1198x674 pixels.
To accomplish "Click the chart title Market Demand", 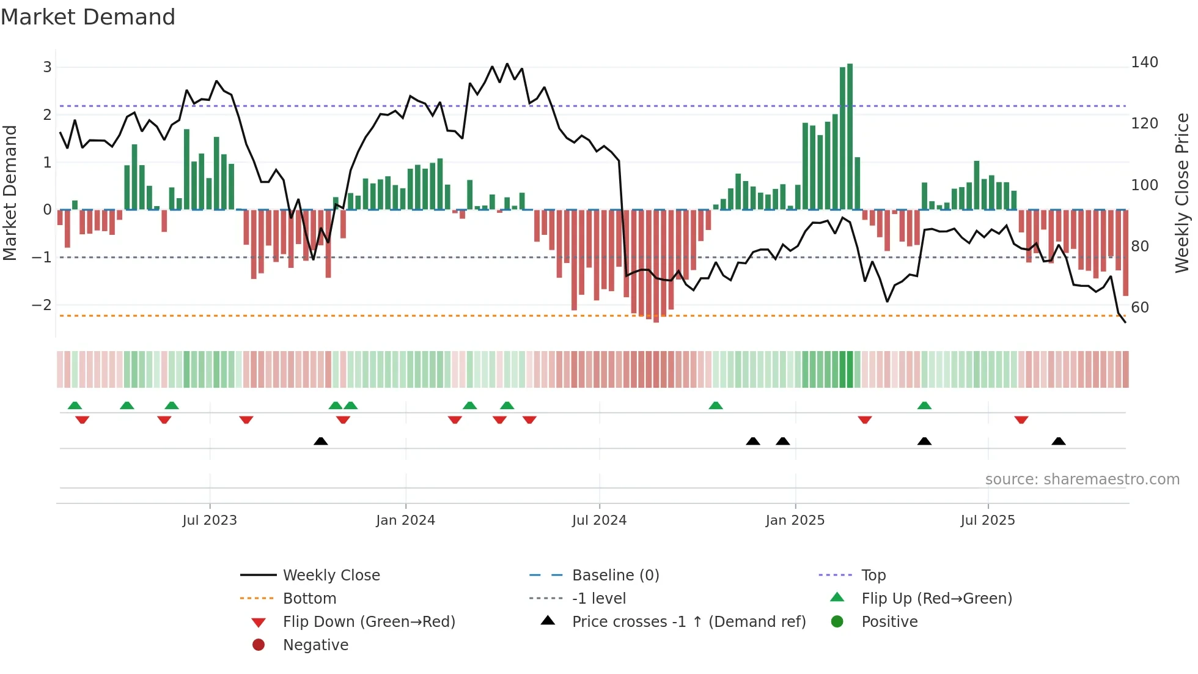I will tap(88, 17).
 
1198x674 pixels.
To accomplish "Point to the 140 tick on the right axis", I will tap(1144, 62).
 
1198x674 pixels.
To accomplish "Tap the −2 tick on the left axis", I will tap(42, 305).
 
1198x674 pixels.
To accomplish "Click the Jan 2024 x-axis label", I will tap(405, 520).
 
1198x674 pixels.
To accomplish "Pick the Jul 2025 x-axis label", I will tap(987, 520).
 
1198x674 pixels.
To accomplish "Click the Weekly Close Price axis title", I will tap(1182, 193).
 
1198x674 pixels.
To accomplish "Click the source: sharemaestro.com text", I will tap(1082, 480).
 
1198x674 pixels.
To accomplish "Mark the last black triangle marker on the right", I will tap(1059, 441).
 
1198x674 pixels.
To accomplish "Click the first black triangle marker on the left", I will tap(320, 441).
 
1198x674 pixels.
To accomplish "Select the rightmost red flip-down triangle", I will tap(1021, 420).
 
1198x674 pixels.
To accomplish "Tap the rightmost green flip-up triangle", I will tap(924, 406).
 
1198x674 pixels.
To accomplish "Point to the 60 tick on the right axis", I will tap(1139, 308).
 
